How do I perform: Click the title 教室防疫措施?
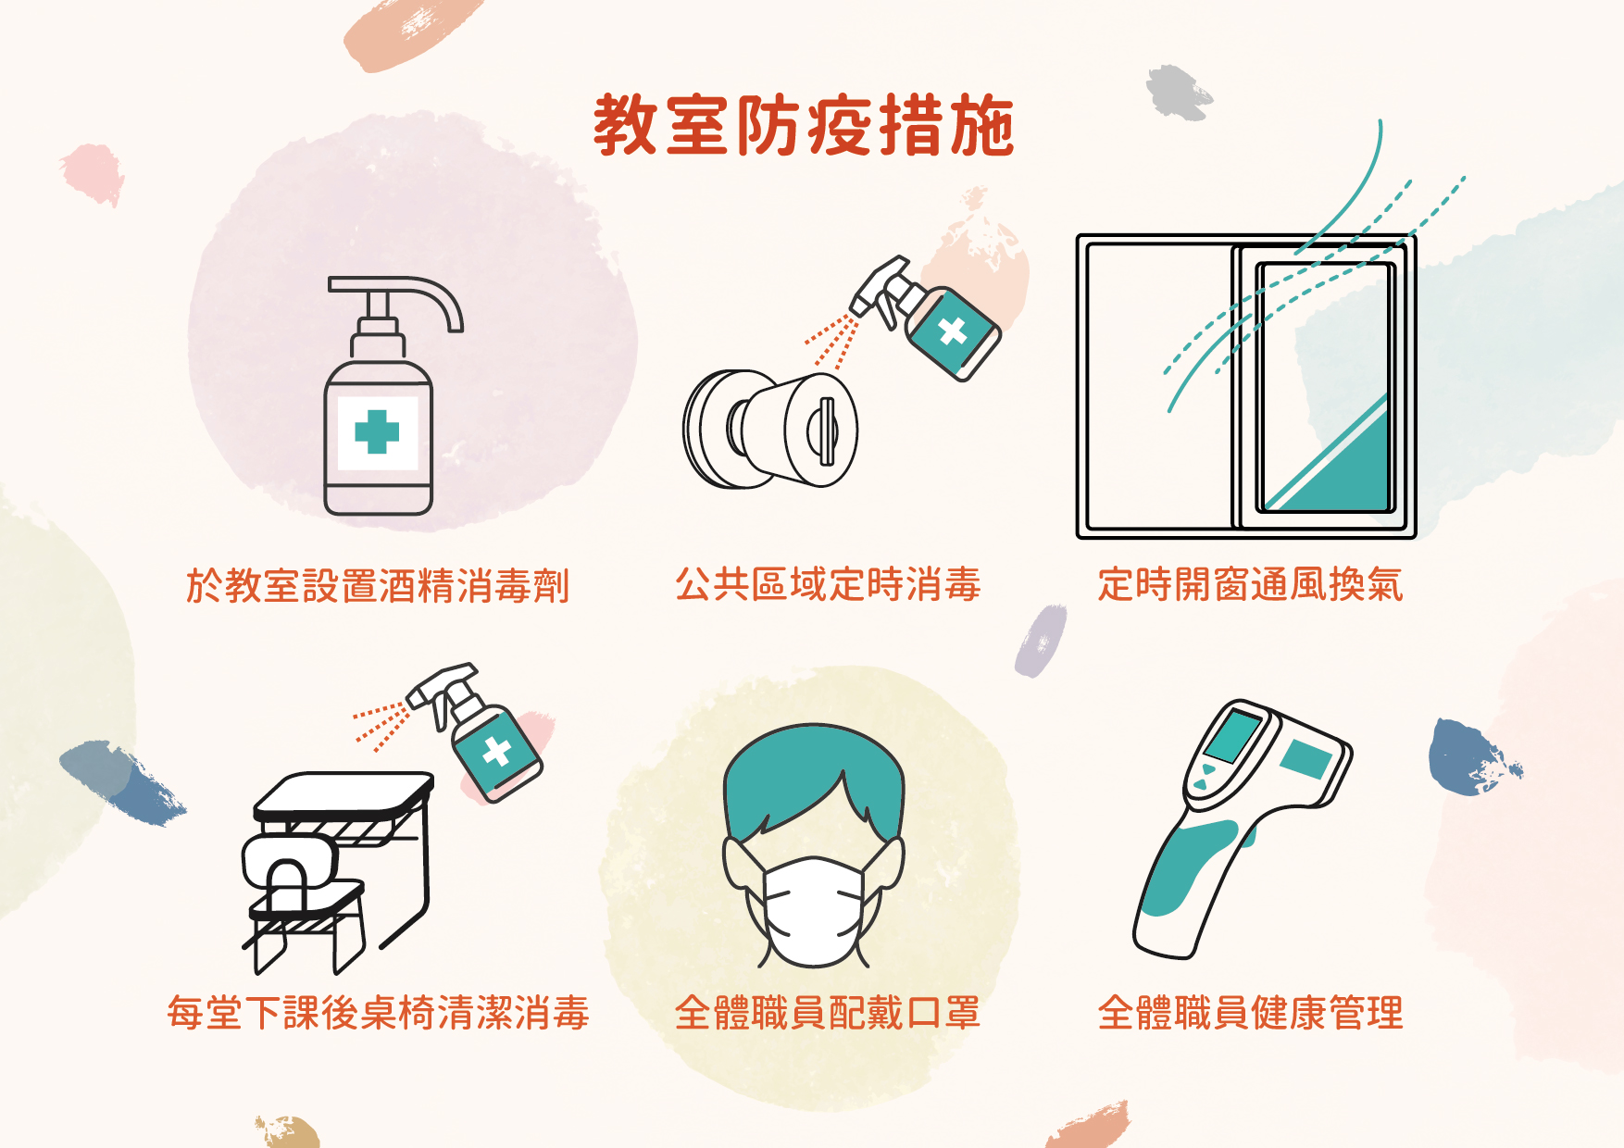pos(804,125)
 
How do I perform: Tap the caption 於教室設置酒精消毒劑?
pos(378,586)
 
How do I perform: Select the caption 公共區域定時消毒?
pos(828,585)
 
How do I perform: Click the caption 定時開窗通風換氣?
pos(1250,585)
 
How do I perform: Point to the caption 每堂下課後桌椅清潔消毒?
pos(378,1013)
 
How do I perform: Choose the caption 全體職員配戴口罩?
pos(828,1013)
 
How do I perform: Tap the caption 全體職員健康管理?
pos(1250,1013)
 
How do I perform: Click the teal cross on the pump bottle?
pos(377,432)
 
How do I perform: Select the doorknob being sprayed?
pos(770,429)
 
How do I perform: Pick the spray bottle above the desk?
pos(477,731)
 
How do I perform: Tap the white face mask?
pos(813,911)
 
